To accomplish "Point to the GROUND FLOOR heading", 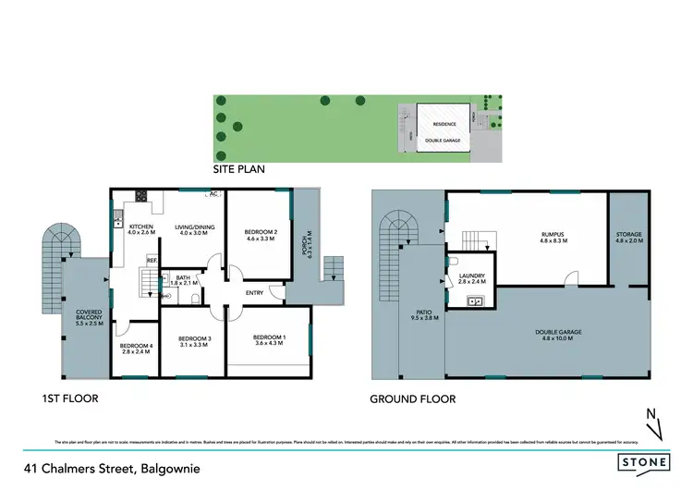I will coord(412,399).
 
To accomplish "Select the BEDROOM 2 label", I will coord(261,235).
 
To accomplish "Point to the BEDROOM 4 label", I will coord(136,349).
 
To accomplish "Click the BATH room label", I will coord(186,278).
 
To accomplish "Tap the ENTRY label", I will coord(254,294).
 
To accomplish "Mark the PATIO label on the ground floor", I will coord(425,320).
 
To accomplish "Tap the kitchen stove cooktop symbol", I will coord(142,195).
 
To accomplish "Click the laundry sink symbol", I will coord(478,300).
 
